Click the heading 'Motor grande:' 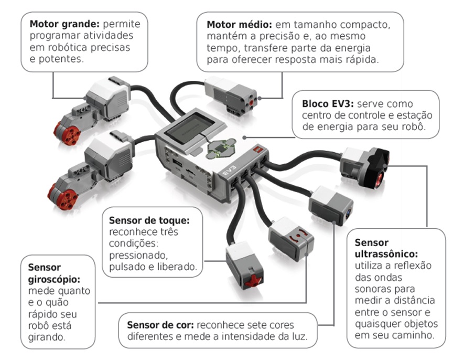pos(64,24)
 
